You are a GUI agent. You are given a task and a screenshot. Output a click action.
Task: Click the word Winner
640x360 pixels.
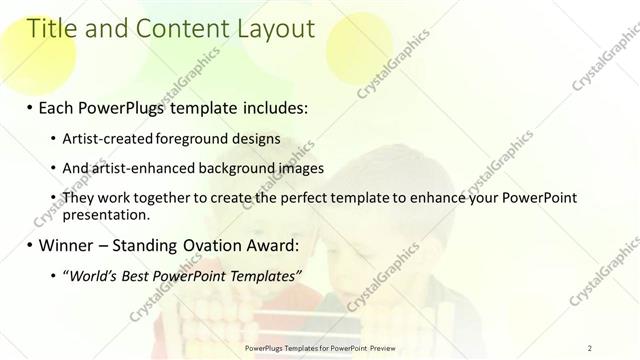click(68, 245)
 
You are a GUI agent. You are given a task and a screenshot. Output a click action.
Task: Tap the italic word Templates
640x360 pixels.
click(263, 276)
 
